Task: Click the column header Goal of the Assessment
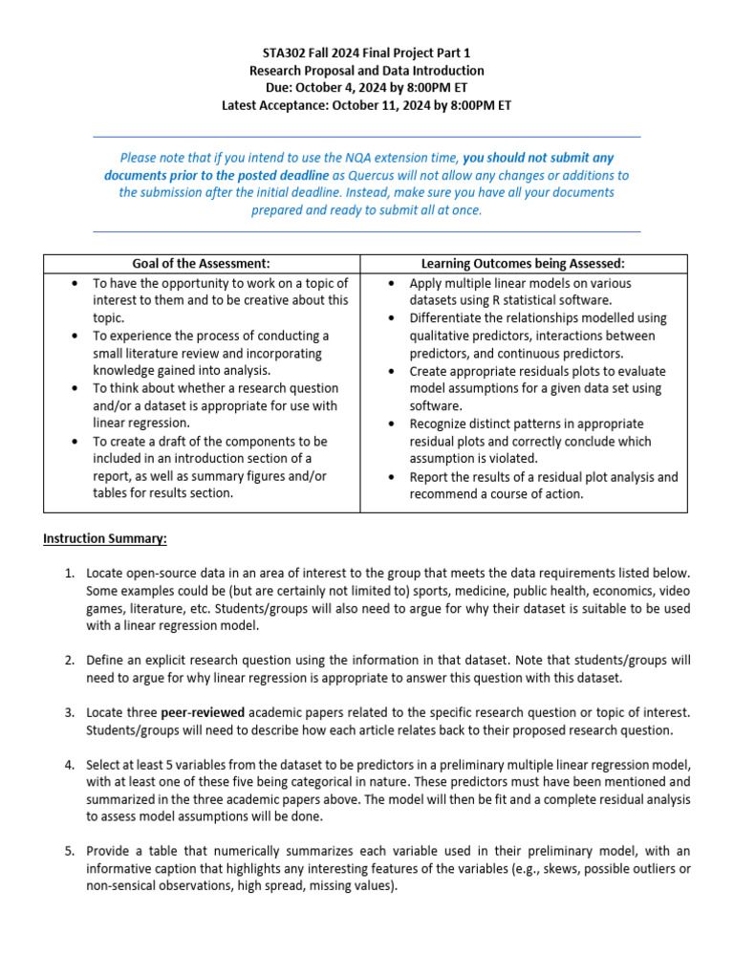[202, 264]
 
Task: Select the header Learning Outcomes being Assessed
[523, 264]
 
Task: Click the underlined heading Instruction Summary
[105, 538]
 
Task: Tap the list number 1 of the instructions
[69, 573]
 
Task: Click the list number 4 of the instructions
[69, 765]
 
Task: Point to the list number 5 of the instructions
[69, 851]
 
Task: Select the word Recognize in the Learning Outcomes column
[443, 424]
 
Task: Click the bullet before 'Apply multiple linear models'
[395, 284]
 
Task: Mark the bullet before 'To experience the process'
[77, 337]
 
